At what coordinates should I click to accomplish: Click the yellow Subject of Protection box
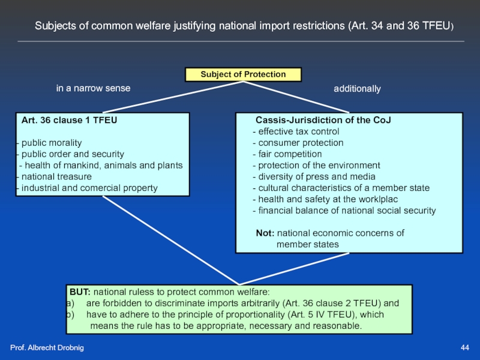243,74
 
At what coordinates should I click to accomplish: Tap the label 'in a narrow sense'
93,88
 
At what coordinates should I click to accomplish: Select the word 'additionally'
357,89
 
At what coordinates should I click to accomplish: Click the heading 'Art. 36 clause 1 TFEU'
69,120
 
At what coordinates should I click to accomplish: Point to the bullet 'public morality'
51,143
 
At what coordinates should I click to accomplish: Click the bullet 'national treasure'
56,177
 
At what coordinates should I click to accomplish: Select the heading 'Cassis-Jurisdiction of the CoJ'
323,120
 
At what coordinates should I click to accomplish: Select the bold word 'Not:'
265,233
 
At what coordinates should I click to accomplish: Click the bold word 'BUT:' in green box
80,292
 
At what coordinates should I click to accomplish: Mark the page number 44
464,349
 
